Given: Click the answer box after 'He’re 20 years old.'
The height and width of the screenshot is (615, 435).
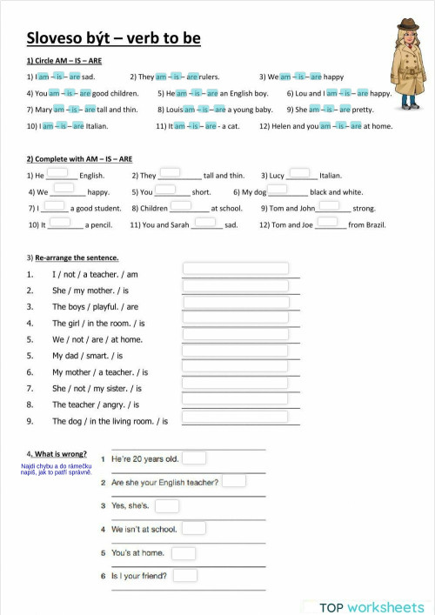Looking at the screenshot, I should [x=194, y=458].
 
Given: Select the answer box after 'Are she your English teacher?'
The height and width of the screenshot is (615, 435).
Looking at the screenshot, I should [x=233, y=480].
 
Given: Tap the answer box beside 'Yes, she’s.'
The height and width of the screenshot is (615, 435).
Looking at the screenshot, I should [x=167, y=505].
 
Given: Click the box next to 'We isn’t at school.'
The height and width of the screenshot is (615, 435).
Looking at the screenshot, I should [x=194, y=528].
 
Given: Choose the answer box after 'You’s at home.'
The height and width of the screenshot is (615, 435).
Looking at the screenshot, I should [x=184, y=552].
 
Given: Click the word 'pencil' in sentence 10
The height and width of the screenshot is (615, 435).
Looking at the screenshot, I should [x=101, y=225].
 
